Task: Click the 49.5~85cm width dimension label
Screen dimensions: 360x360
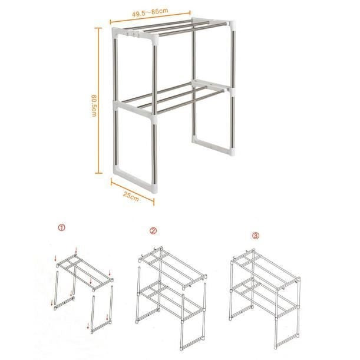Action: (150, 12)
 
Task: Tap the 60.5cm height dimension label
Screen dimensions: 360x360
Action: (94, 106)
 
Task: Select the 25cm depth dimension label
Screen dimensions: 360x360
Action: (131, 196)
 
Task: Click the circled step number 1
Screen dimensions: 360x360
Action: (61, 227)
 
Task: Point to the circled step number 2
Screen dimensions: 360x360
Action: (153, 230)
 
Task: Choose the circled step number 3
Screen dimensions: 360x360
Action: (256, 235)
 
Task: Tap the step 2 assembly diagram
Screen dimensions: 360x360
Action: (171, 298)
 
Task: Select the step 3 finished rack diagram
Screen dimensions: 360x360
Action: (265, 299)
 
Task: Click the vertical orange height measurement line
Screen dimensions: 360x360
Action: (99, 101)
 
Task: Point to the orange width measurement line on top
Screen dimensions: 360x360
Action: (150, 18)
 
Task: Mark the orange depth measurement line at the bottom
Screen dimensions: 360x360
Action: (133, 192)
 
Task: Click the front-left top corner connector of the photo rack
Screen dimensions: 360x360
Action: (116, 34)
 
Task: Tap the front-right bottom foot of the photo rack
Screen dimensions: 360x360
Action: (154, 187)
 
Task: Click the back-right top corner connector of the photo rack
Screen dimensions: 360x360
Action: (232, 25)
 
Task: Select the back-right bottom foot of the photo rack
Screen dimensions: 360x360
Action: (232, 152)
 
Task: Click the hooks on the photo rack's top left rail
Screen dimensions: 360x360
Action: (133, 34)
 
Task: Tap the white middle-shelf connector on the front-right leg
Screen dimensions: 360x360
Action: (154, 118)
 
